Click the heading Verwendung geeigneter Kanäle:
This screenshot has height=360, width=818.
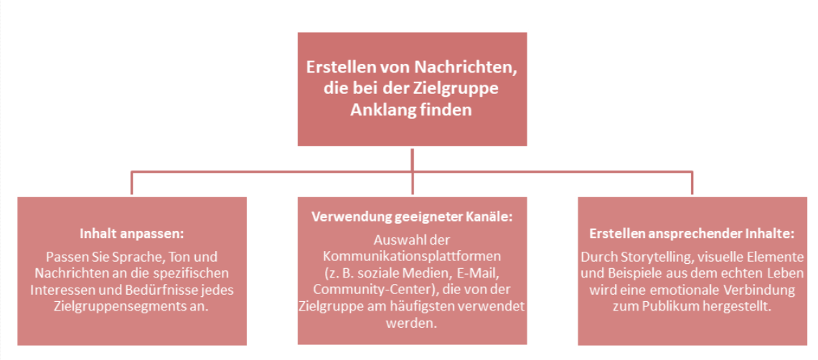point(412,217)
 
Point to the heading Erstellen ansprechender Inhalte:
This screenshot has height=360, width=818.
point(692,234)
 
